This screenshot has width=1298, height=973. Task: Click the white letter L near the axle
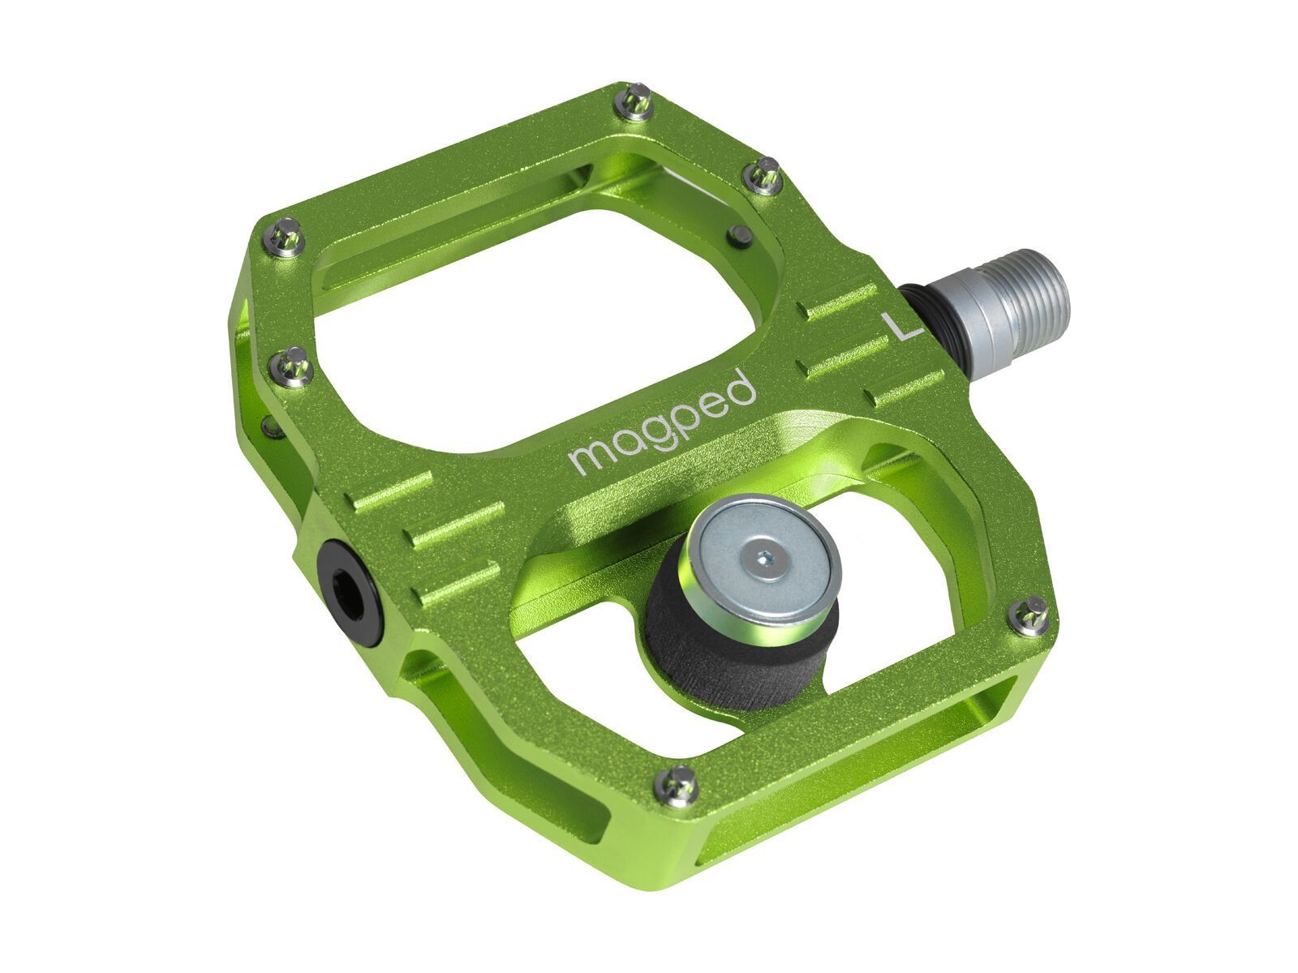pyautogui.click(x=901, y=326)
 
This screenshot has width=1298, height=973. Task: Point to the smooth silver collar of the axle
pyautogui.click(x=973, y=304)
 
